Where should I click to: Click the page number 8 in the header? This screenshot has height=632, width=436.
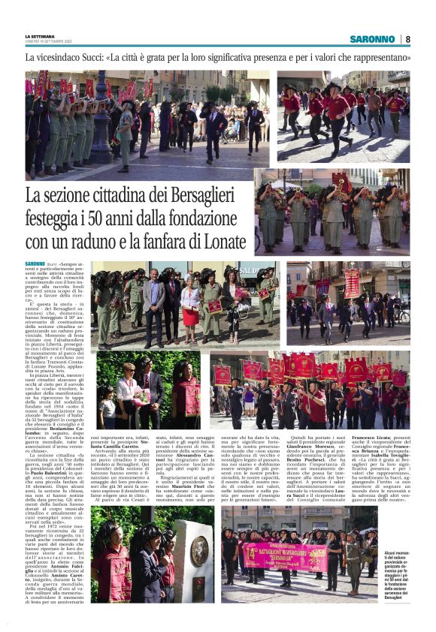pyautogui.click(x=407, y=39)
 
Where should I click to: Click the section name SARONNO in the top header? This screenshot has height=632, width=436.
pyautogui.click(x=372, y=39)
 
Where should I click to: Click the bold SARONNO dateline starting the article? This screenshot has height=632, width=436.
pyautogui.click(x=35, y=264)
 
